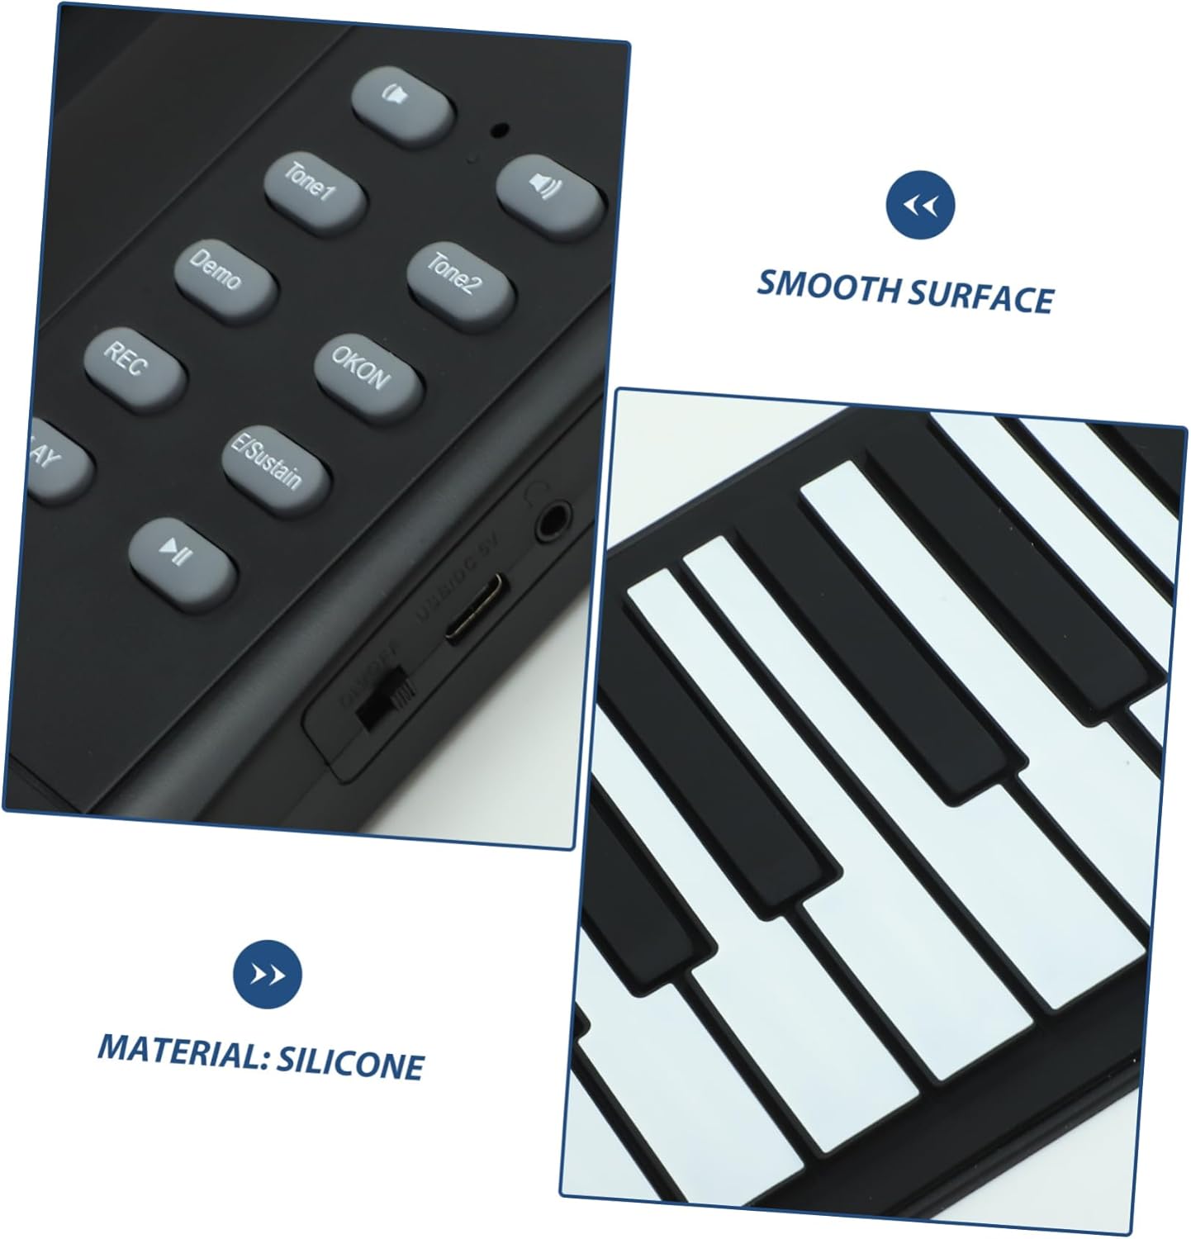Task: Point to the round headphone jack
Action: click(553, 522)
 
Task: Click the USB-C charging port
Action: click(477, 609)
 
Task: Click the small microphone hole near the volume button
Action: click(500, 130)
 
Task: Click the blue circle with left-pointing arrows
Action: click(919, 205)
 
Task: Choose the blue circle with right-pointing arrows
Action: click(267, 975)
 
